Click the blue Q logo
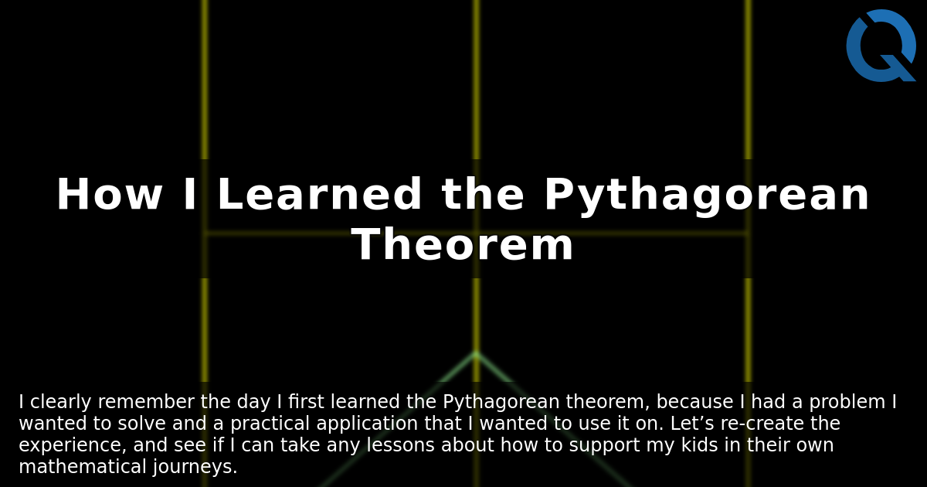(x=881, y=46)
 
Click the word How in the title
(x=108, y=196)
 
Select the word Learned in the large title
(x=319, y=196)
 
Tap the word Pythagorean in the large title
(x=706, y=196)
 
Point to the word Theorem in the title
(x=462, y=246)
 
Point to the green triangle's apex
(x=476, y=353)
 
